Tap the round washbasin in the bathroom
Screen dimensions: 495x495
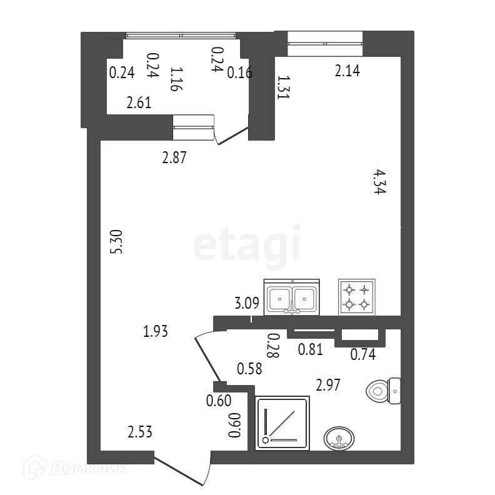point(339,438)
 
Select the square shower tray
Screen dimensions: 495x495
point(283,423)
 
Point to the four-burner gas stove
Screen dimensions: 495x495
point(357,296)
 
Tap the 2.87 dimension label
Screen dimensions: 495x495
point(175,158)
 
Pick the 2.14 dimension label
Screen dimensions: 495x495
point(347,71)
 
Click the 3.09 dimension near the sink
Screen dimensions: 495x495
point(247,305)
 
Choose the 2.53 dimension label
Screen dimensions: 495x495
point(141,432)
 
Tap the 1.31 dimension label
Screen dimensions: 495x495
point(283,87)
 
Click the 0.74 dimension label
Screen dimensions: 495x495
point(362,355)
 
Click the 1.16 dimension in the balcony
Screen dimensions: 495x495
point(176,79)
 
